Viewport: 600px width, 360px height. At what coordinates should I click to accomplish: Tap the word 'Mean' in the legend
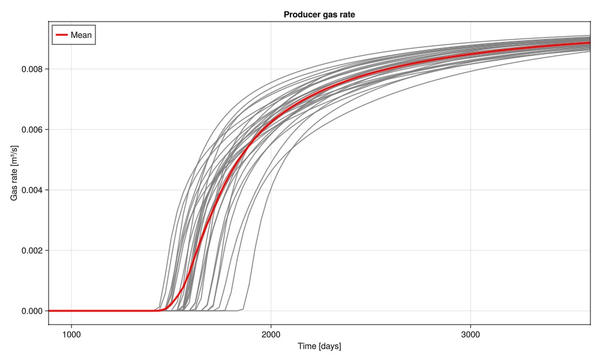point(81,35)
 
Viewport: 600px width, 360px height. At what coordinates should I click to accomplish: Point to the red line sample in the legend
point(61,35)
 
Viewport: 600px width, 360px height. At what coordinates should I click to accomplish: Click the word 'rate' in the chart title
point(347,14)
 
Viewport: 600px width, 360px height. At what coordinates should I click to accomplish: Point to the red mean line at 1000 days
point(71,311)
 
